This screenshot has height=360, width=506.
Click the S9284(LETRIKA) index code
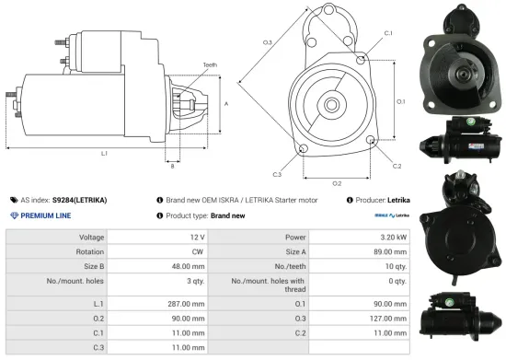(x=79, y=200)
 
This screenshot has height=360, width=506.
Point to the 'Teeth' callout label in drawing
(x=210, y=64)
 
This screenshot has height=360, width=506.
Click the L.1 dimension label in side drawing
(x=103, y=152)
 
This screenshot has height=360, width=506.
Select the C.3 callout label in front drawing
(x=277, y=173)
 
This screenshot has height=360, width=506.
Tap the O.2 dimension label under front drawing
(x=337, y=182)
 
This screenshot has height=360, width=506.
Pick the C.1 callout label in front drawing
(x=387, y=33)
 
